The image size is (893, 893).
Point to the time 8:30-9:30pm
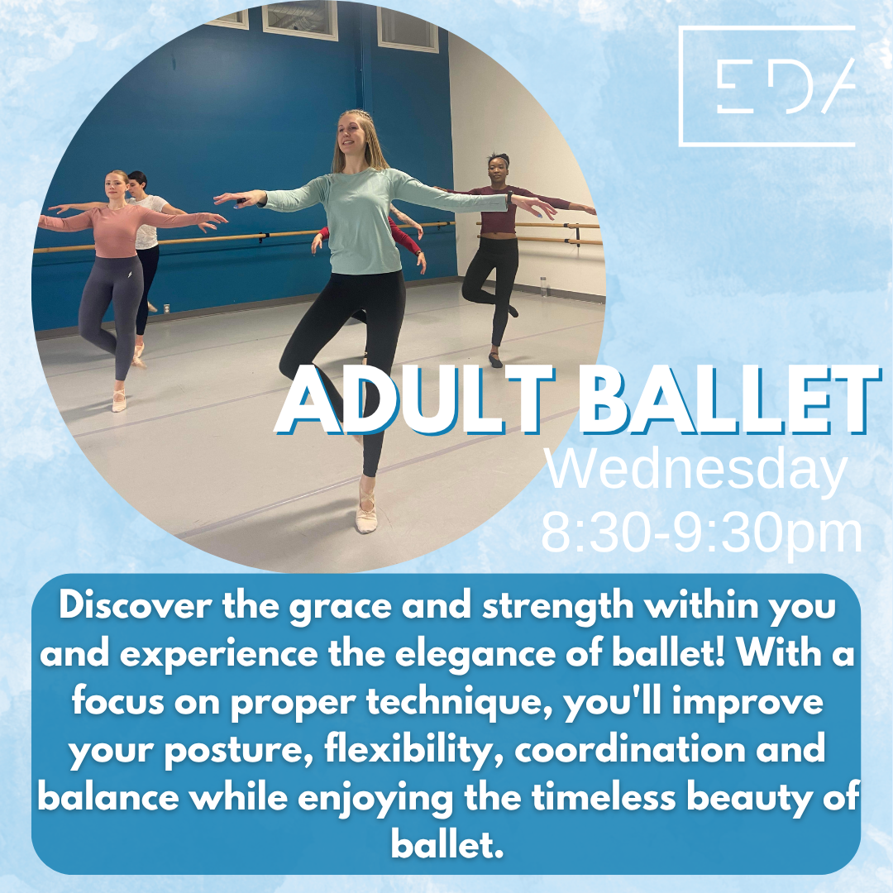click(702, 532)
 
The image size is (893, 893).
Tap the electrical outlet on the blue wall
click(167, 308)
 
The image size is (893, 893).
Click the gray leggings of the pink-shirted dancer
click(110, 313)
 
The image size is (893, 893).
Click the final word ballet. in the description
click(447, 845)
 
